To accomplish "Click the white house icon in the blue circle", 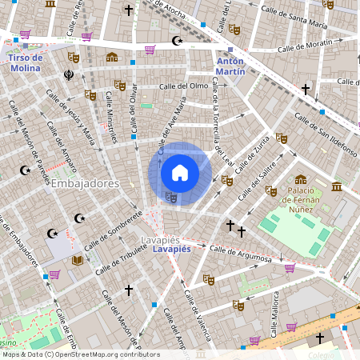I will click(180, 173).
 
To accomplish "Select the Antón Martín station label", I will click(230, 66).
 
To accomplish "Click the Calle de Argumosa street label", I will click(246, 255).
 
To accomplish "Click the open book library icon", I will click(78, 261).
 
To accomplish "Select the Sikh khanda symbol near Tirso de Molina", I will click(69, 75).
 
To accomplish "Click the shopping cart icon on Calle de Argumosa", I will click(289, 268).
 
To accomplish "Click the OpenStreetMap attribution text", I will click(81, 354).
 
